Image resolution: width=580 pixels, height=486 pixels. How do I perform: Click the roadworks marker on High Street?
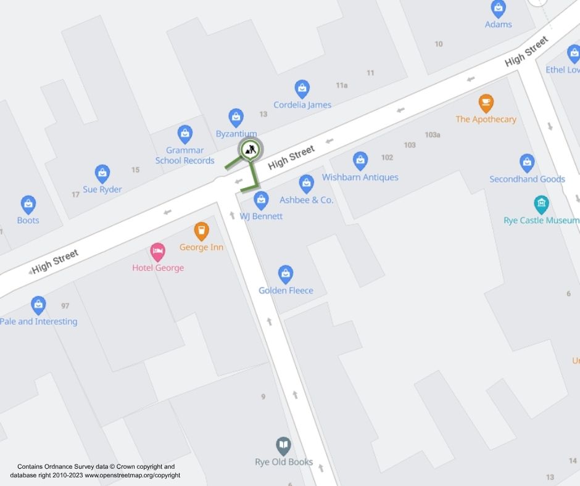250,149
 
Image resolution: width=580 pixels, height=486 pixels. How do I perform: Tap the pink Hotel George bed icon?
158,252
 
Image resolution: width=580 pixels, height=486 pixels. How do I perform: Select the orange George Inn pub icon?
201,231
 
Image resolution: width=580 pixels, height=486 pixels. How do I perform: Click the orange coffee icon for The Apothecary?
486,102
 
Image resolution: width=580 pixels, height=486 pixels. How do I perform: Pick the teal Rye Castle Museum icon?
541,204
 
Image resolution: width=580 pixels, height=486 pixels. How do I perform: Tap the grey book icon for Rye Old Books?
283,445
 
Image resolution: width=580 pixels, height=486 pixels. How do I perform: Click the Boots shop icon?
28,204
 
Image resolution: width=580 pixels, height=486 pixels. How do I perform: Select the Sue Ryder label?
102,189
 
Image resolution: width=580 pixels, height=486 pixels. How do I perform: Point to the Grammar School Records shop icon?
184,134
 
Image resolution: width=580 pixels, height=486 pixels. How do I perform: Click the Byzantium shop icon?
236,117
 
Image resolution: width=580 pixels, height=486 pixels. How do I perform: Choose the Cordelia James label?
302,105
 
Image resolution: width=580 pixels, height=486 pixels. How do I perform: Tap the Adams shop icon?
498,9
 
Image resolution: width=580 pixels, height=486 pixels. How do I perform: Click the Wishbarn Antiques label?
360,177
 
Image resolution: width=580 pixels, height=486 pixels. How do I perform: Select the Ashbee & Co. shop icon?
306,183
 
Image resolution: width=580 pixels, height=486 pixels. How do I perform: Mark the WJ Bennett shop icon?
261,200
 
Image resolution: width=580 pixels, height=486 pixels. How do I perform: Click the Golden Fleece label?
286,290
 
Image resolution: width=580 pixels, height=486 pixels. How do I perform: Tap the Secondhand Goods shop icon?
527,163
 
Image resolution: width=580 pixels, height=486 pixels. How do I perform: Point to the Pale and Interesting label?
39,321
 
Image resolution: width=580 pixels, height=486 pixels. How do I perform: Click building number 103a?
433,134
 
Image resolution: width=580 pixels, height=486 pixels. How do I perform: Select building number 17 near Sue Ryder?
75,195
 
